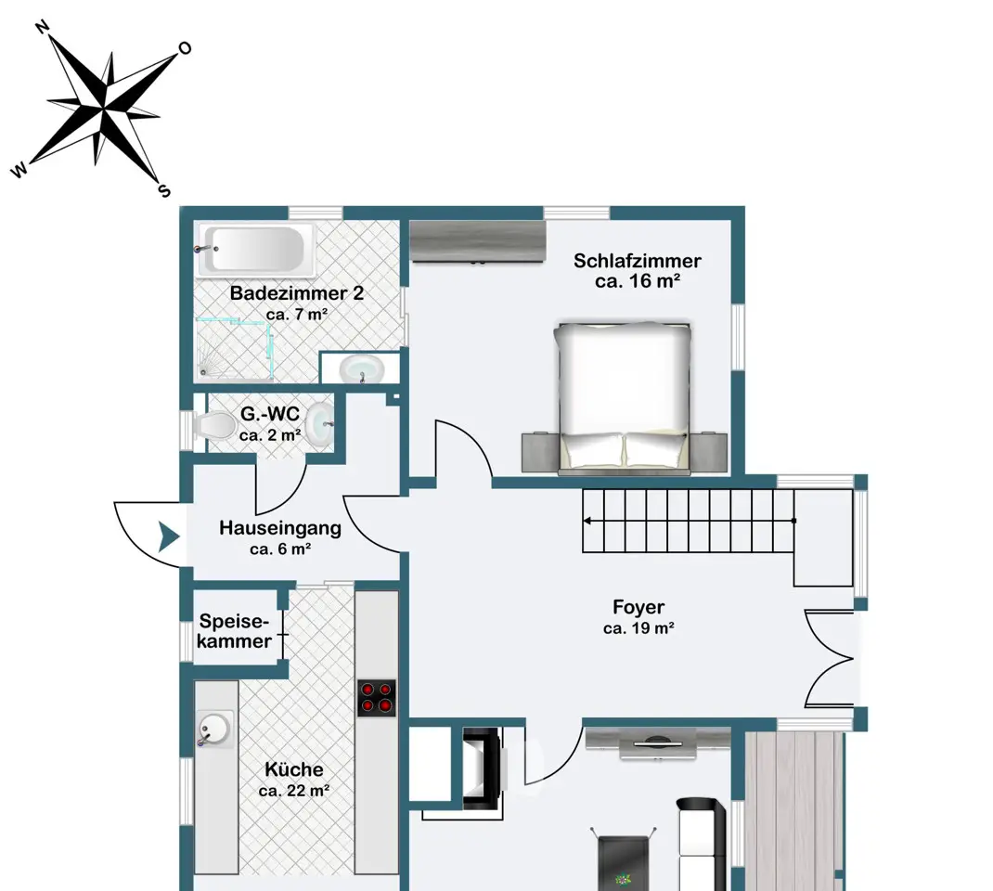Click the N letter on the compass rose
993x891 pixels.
[42, 27]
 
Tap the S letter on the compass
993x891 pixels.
[164, 190]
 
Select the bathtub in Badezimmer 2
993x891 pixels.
[256, 250]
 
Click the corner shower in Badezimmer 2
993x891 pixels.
[233, 350]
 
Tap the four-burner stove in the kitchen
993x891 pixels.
[376, 698]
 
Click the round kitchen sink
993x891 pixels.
[214, 729]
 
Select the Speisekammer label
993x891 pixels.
[234, 631]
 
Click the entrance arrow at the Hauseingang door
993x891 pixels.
[169, 537]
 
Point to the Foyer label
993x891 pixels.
[638, 607]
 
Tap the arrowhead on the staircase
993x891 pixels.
[587, 521]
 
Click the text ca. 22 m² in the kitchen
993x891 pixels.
[294, 791]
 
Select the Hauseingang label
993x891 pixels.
[280, 528]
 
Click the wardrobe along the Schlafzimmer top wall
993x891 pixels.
[478, 241]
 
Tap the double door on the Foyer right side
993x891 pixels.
[830, 659]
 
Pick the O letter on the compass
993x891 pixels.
[185, 48]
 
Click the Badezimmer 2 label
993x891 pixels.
[296, 293]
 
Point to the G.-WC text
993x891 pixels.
[270, 414]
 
